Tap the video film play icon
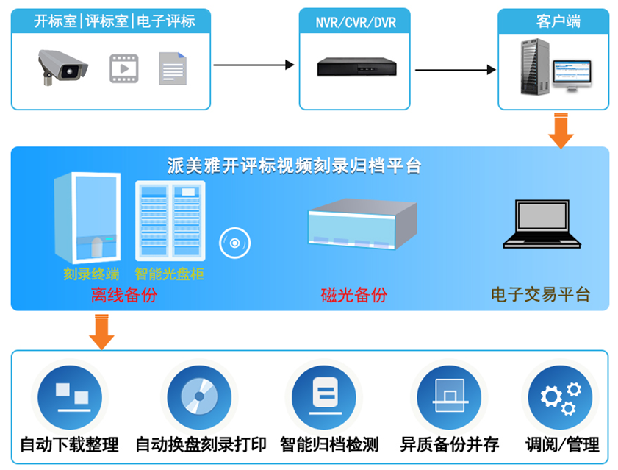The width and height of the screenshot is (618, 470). click(124, 68)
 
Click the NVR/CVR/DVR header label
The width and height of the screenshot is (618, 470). click(356, 22)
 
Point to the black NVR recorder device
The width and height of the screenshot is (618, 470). click(355, 67)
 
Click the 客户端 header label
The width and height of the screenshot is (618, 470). click(558, 21)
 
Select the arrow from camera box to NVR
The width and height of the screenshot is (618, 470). click(254, 65)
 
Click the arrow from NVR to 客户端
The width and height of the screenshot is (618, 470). click(456, 70)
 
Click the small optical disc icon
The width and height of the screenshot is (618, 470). click(234, 243)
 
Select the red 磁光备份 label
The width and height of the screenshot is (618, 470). click(353, 296)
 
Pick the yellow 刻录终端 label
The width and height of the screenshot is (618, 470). click(91, 275)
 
